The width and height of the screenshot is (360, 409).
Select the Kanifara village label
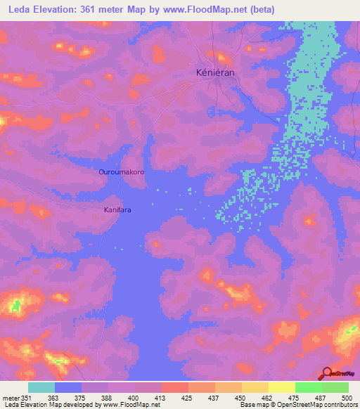click(118, 209)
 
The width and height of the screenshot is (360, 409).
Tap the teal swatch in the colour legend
click(41, 387)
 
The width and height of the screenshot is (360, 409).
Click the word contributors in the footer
click(340, 405)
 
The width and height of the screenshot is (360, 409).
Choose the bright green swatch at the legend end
click(335, 387)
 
